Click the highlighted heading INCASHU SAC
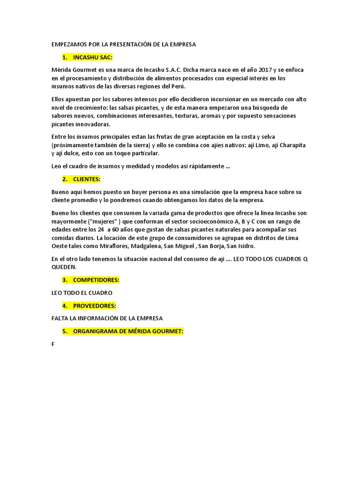pyautogui.click(x=93, y=57)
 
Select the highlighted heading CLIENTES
pyautogui.click(x=87, y=179)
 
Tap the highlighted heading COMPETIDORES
pyautogui.click(x=96, y=280)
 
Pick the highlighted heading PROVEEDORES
pyautogui.click(x=94, y=306)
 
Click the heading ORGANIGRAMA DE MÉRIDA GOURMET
pyautogui.click(x=128, y=331)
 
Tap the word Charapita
pyautogui.click(x=291, y=145)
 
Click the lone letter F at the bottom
pyautogui.click(x=53, y=345)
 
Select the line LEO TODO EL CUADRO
pyautogui.click(x=82, y=293)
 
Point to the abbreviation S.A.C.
pyautogui.click(x=164, y=70)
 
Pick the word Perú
pyautogui.click(x=177, y=87)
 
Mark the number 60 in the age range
pyautogui.click(x=114, y=230)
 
